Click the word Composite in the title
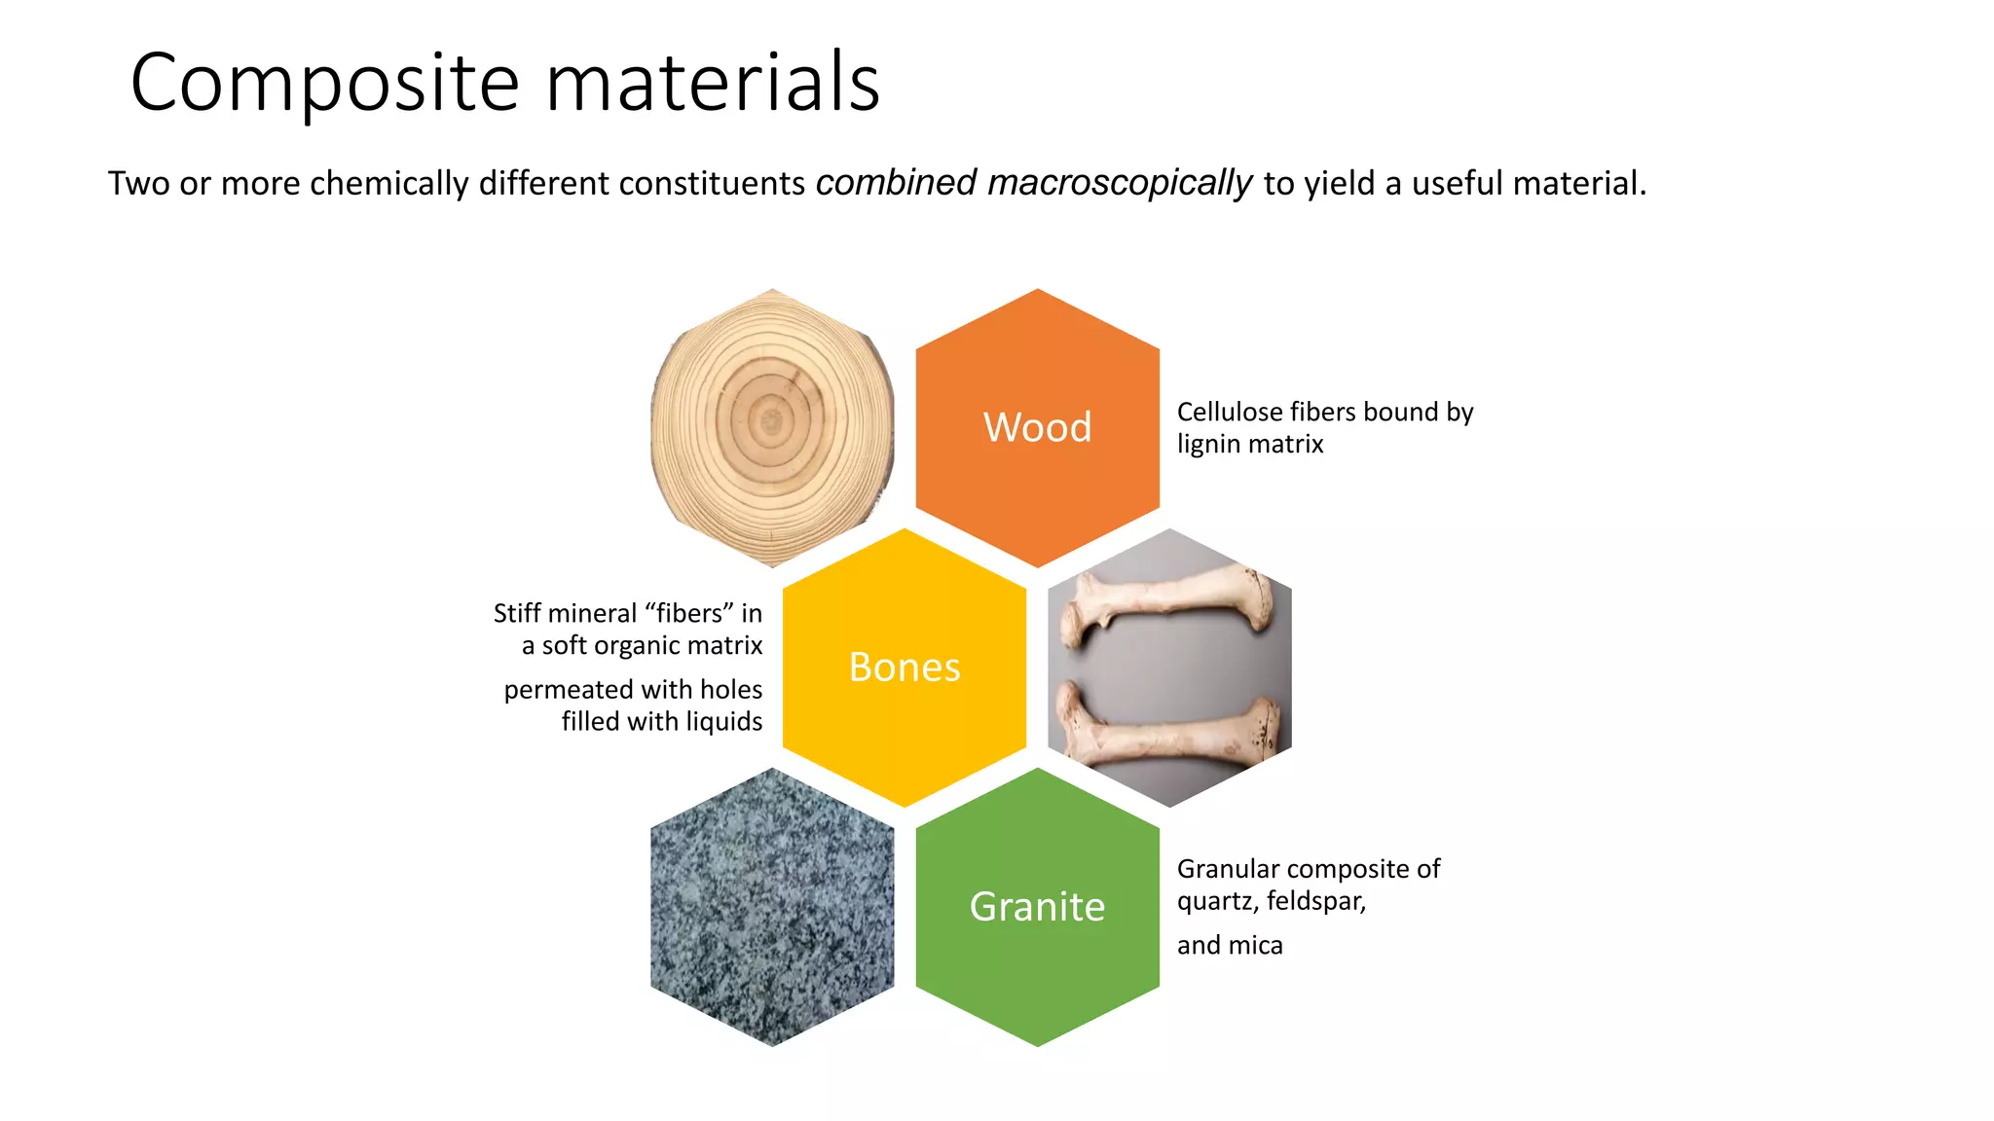coord(325,84)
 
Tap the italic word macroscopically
coord(1120,183)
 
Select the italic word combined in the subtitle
coord(896,183)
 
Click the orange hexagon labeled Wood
coord(1038,427)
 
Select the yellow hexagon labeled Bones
coord(905,668)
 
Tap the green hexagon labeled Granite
coord(1038,907)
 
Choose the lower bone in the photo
coord(1168,725)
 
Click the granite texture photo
coord(772,907)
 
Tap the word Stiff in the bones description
coord(514,614)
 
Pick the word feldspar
coord(1315,901)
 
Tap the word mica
coord(1255,945)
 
